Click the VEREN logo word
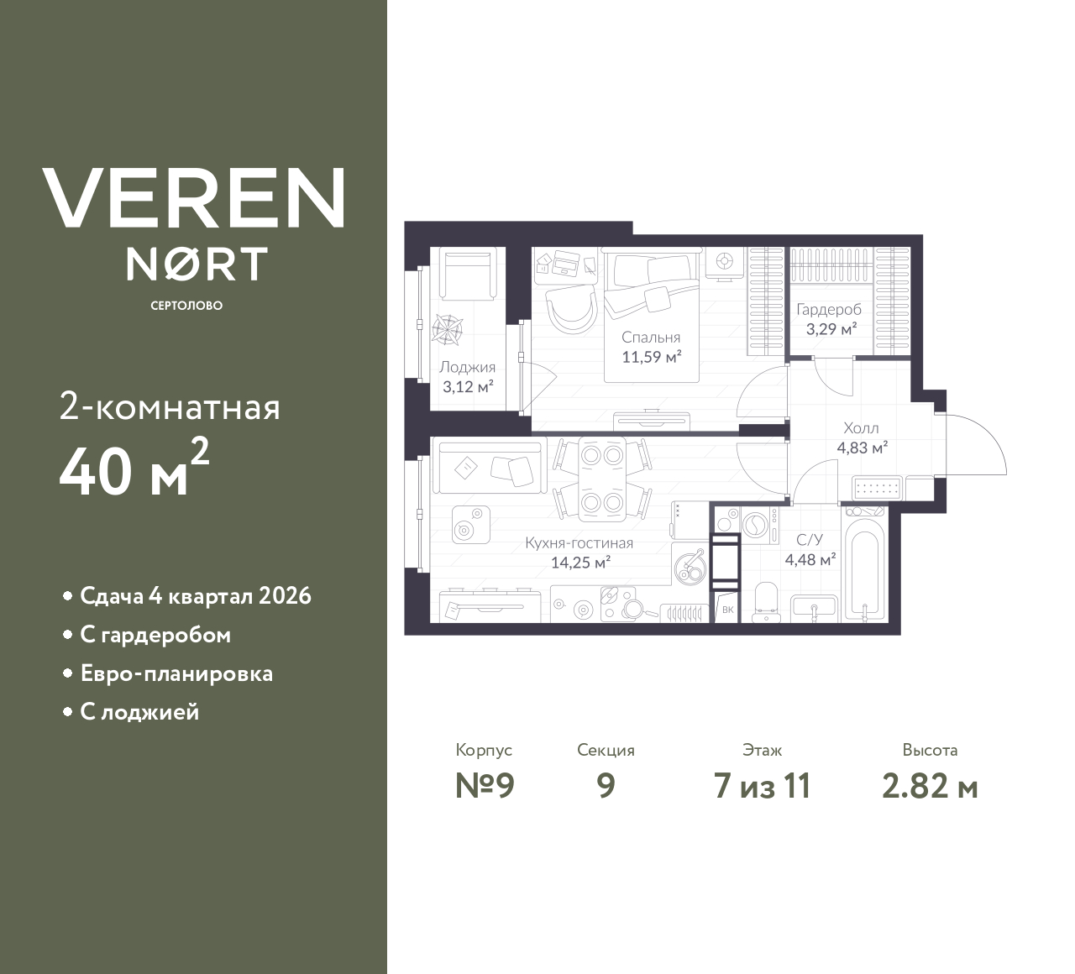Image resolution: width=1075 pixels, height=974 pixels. pyautogui.click(x=194, y=198)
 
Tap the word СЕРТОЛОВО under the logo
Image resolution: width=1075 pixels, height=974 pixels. pyautogui.click(x=186, y=306)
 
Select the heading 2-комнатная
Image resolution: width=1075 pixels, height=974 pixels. pyautogui.click(x=170, y=408)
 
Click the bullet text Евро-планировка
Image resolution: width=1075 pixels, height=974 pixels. pyautogui.click(x=176, y=673)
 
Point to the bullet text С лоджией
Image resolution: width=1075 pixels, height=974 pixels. pyautogui.click(x=139, y=712)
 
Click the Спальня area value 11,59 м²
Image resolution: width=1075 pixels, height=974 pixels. pyautogui.click(x=651, y=356)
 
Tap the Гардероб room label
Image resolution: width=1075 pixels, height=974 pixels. pyautogui.click(x=829, y=309)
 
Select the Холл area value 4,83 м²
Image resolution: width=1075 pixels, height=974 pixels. pyautogui.click(x=862, y=448)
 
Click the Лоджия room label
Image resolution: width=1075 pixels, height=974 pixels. pyautogui.click(x=467, y=367)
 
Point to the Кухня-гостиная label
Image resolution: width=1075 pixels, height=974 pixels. pyautogui.click(x=579, y=543)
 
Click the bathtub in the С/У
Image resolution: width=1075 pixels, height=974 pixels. pyautogui.click(x=864, y=568)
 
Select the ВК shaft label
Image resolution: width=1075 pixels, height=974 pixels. pyautogui.click(x=727, y=610)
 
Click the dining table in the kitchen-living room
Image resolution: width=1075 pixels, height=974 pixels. pyautogui.click(x=601, y=479)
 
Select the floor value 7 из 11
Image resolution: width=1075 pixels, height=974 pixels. pyautogui.click(x=762, y=787)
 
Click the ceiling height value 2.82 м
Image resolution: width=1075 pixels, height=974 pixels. pyautogui.click(x=930, y=787)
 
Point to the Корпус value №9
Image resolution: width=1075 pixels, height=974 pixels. pyautogui.click(x=485, y=787)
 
